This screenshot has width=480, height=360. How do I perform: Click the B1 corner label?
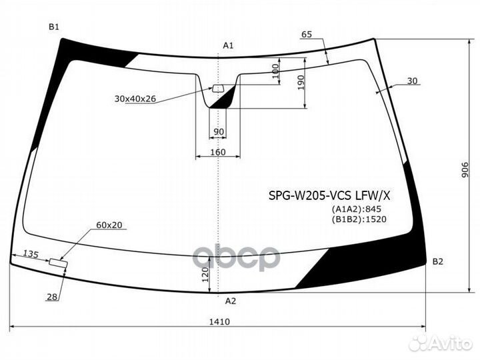pyautogui.click(x=54, y=27)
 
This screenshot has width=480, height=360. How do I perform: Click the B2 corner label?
pyautogui.click(x=437, y=261)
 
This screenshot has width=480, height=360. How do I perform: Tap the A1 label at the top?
pyautogui.click(x=228, y=45)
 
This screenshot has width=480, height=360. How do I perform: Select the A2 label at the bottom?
pyautogui.click(x=230, y=301)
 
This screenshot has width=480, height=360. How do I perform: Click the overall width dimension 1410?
pyautogui.click(x=219, y=322)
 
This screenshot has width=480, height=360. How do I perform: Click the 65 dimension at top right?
pyautogui.click(x=307, y=34)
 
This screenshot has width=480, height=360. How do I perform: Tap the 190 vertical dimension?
pyautogui.click(x=300, y=82)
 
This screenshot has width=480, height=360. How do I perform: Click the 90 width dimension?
pyautogui.click(x=219, y=132)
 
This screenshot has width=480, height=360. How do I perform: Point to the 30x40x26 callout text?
pyautogui.click(x=135, y=99)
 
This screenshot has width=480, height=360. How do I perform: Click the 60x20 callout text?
pyautogui.click(x=109, y=225)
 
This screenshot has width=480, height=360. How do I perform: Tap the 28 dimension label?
pyautogui.click(x=51, y=297)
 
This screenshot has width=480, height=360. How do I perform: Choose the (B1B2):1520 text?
pyautogui.click(x=360, y=218)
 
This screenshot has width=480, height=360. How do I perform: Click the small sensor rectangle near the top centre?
pyautogui.click(x=218, y=88)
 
